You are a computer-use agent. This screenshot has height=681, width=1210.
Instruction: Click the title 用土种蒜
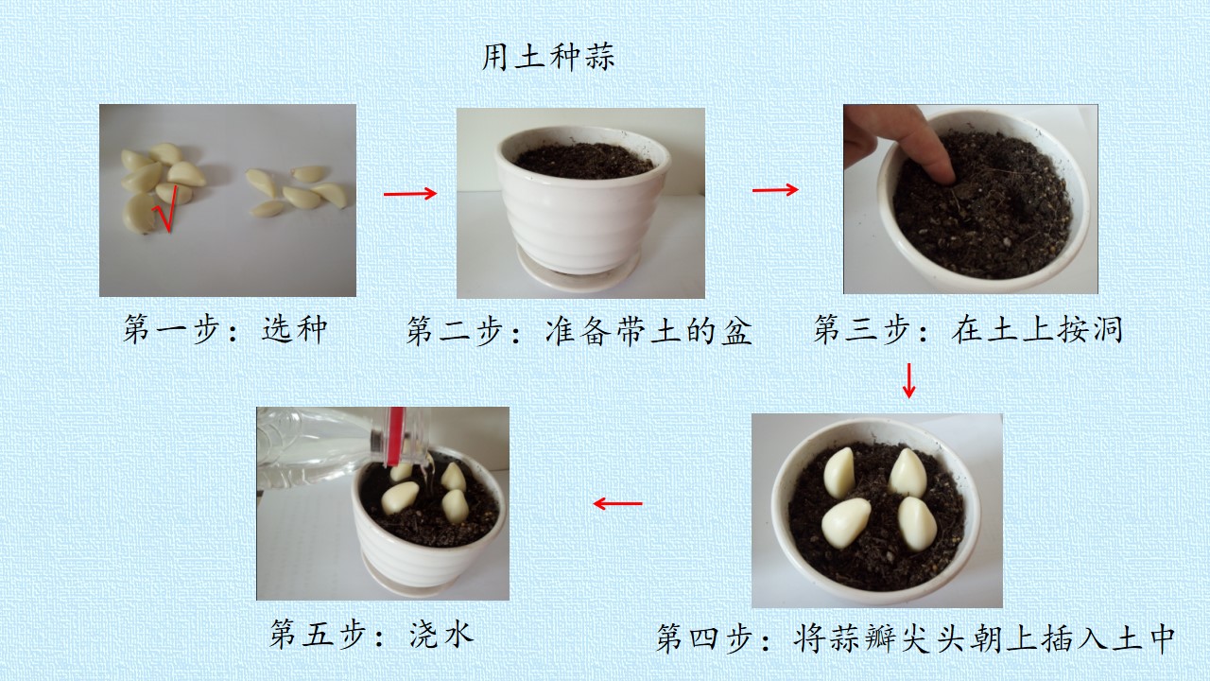[547, 58]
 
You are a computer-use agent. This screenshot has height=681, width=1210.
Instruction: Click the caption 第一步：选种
[225, 328]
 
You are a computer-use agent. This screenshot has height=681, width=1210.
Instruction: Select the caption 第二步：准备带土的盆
[579, 330]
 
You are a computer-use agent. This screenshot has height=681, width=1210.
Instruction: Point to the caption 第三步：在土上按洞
[968, 328]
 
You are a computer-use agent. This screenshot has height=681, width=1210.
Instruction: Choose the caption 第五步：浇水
[372, 634]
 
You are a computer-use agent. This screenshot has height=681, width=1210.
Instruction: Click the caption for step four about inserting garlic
[916, 638]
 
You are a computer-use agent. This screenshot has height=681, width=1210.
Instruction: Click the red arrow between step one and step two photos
[410, 194]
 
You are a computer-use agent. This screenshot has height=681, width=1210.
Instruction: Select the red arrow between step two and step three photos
[775, 189]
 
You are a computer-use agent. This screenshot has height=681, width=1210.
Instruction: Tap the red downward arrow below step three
[908, 380]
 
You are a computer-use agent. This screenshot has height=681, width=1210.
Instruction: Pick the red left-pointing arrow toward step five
[617, 504]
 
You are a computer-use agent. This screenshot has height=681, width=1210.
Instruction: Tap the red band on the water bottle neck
[396, 435]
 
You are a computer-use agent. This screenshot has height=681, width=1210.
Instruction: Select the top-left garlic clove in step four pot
[838, 473]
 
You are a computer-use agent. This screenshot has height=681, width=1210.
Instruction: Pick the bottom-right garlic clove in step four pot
[917, 523]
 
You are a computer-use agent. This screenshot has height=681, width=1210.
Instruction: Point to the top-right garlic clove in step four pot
[907, 473]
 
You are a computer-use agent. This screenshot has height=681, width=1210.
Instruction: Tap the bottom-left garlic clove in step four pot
[845, 523]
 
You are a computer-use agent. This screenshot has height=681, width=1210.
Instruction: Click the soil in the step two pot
[583, 160]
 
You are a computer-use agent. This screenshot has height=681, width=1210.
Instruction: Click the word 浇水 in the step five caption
[441, 634]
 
